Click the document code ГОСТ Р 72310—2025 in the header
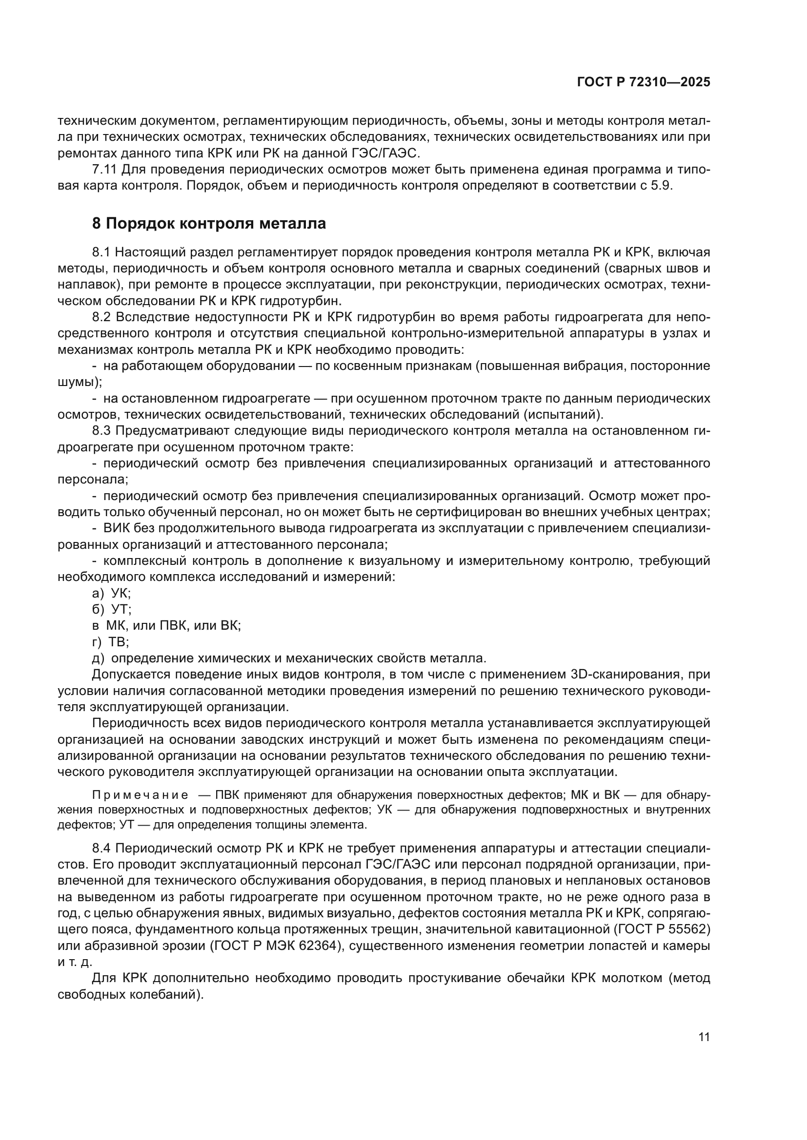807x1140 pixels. click(x=644, y=82)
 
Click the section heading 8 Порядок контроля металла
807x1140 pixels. click(x=209, y=223)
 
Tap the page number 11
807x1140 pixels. click(x=704, y=1037)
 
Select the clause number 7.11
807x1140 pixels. click(x=104, y=170)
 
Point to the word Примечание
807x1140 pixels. click(x=140, y=795)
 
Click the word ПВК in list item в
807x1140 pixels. click(x=172, y=626)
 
